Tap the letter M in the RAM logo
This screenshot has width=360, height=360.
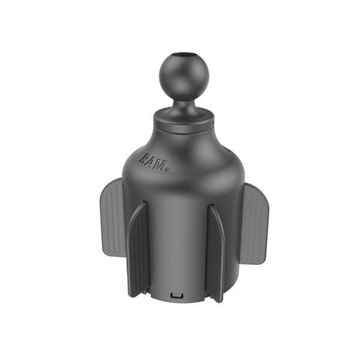pos(161,162)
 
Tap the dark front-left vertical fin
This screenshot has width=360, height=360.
pos(138,247)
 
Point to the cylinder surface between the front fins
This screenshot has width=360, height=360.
pos(177,240)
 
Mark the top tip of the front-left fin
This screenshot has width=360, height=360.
pos(145,203)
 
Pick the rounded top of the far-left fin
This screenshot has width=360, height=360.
pos(115,184)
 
